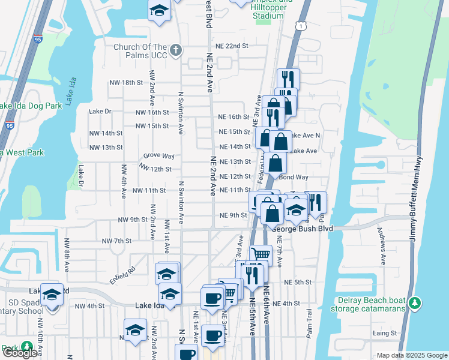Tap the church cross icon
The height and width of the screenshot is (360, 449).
[x=175, y=49]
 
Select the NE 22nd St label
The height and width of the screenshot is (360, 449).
[x=232, y=46]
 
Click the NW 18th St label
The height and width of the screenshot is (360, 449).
[x=125, y=82]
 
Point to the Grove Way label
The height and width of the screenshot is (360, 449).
[x=159, y=156]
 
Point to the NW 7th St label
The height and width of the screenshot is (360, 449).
[x=117, y=241]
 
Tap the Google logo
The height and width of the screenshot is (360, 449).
[x=19, y=353]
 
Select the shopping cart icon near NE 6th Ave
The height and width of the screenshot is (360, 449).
[x=261, y=254]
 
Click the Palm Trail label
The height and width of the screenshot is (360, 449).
[x=310, y=326]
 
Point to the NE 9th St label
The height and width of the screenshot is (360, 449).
[x=234, y=215]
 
